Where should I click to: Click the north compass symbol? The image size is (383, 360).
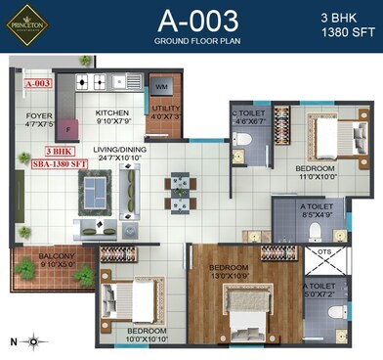[33, 340]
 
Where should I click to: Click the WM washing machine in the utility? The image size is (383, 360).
[161, 89]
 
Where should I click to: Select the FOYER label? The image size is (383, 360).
[39, 119]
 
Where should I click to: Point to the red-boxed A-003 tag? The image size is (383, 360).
[37, 84]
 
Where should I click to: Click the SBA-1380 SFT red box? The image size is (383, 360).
[64, 162]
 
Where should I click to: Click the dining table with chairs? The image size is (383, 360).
[177, 192]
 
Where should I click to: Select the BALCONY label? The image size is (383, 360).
[56, 259]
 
